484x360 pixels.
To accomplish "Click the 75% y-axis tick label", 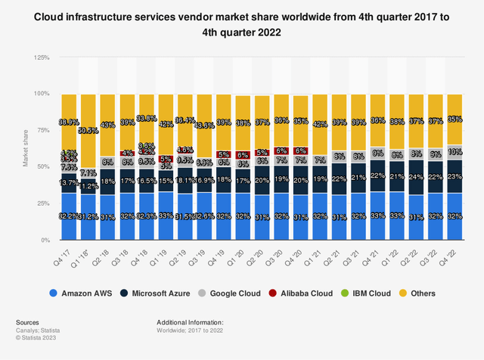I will pyautogui.click(x=42, y=131).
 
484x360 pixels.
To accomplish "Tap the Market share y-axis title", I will pyautogui.click(x=26, y=149).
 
